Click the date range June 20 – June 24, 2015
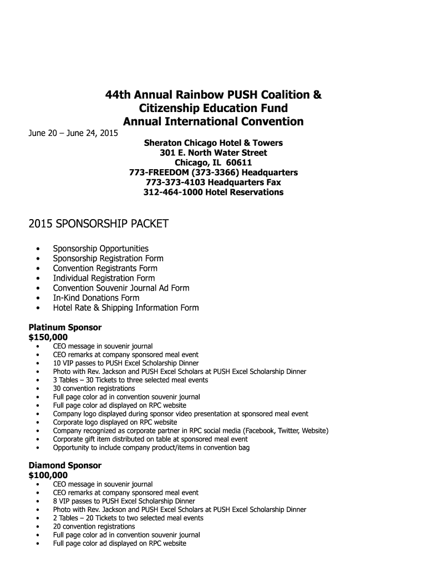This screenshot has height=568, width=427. tap(73, 133)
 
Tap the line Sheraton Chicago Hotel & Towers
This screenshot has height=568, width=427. tap(213, 143)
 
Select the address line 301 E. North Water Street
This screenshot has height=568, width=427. tap(213, 153)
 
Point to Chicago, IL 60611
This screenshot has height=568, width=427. tap(213, 163)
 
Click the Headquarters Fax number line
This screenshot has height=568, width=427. tap(213, 182)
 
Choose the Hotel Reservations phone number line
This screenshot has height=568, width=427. tap(213, 192)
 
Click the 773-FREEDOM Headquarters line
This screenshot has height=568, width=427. tap(213, 173)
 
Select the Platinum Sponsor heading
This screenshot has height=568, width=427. tap(65, 327)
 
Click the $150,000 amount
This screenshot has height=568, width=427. tap(48, 337)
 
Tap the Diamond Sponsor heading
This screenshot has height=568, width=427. tap(65, 465)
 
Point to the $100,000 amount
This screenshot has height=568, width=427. tap(48, 475)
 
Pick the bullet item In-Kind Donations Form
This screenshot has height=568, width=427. tap(96, 298)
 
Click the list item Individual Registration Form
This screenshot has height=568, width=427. tap(104, 278)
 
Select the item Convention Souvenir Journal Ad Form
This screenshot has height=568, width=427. tap(121, 288)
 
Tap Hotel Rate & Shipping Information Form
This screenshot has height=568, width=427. tap(125, 308)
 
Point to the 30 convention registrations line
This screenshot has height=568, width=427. tap(94, 389)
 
